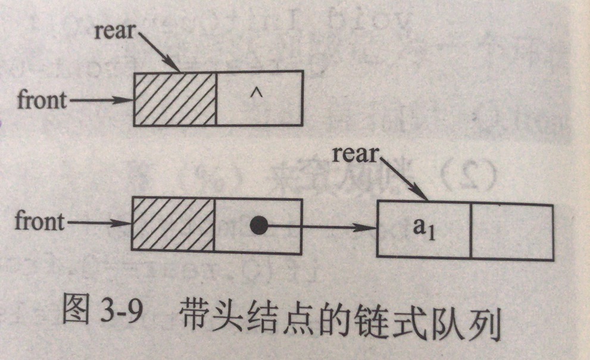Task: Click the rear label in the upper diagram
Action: click(114, 30)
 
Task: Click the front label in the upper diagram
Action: click(42, 99)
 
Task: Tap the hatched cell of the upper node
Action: click(174, 98)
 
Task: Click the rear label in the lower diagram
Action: click(355, 154)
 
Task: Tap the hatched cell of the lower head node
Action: click(172, 224)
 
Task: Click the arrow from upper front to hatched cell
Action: click(100, 100)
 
